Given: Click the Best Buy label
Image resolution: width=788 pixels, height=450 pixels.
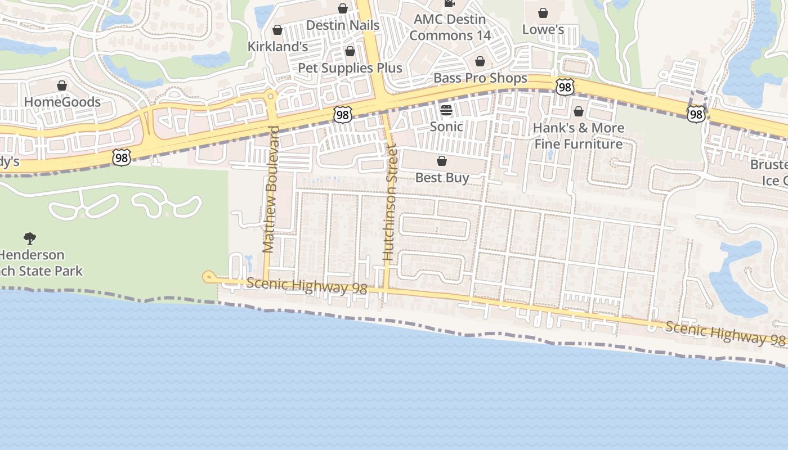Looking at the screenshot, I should (442, 178).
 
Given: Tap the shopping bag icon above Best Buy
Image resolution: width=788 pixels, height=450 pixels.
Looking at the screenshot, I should (442, 161).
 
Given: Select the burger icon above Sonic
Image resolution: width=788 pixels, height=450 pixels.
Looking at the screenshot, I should (446, 110).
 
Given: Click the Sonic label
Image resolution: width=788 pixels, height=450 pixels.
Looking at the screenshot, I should (446, 127).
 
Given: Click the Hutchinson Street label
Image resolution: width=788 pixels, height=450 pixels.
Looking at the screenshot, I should (389, 202).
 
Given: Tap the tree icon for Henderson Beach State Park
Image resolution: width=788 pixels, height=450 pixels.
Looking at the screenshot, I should (29, 238).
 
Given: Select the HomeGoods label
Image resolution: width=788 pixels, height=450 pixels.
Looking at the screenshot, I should (62, 102).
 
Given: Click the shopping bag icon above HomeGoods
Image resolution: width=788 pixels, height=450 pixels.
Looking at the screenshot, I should (62, 85).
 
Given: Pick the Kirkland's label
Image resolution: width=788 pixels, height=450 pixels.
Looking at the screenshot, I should (277, 47).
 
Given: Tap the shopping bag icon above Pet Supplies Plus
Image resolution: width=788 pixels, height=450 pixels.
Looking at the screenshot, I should (350, 52).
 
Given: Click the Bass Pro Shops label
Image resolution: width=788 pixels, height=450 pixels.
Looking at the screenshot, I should (480, 78).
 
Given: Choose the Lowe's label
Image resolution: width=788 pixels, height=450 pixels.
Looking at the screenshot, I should (543, 29).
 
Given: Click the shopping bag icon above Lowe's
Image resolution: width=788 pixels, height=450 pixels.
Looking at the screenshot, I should (543, 12).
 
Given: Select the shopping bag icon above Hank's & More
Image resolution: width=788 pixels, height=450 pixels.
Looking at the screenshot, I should (578, 111).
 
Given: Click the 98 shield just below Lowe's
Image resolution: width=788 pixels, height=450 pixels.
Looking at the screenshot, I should (565, 86).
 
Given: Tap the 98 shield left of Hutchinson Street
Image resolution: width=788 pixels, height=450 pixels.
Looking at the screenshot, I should (342, 115).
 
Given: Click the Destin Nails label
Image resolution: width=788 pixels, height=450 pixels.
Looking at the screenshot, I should (342, 25).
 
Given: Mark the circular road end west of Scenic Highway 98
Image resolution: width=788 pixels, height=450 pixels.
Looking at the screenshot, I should (209, 276).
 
